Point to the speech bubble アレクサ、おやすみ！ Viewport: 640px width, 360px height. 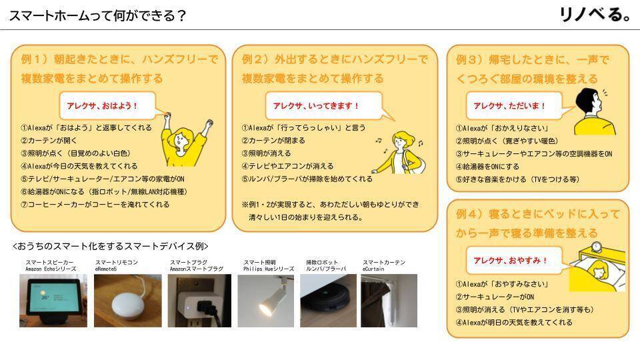point(510,260)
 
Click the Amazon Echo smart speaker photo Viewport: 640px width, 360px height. point(53,300)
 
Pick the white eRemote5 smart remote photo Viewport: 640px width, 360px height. point(127,300)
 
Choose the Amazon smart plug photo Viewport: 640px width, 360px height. point(199,300)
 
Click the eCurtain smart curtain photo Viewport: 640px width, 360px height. point(389,300)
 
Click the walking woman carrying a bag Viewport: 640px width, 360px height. point(403,153)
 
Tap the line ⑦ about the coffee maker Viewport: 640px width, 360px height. point(95,205)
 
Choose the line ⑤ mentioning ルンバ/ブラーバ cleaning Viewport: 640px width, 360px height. point(307,179)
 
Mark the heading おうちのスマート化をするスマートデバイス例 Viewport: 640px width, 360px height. point(111,246)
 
